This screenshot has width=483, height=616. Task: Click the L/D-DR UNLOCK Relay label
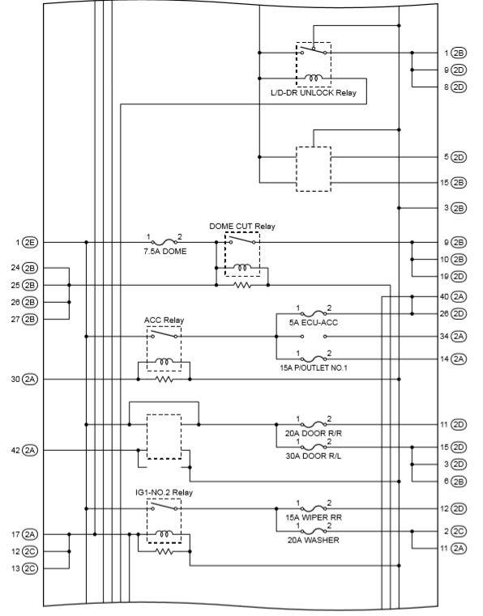pyautogui.click(x=314, y=93)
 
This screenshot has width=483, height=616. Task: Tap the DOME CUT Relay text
pyautogui.click(x=241, y=227)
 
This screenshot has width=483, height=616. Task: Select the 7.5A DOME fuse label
pyautogui.click(x=165, y=252)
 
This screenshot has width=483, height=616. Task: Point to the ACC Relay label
pyautogui.click(x=164, y=321)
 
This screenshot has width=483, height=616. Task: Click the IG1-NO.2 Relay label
pyautogui.click(x=164, y=492)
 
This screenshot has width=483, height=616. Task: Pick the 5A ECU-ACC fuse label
pyautogui.click(x=314, y=322)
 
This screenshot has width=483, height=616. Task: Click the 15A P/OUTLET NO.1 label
pyautogui.click(x=314, y=368)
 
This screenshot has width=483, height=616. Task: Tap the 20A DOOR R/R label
pyautogui.click(x=314, y=433)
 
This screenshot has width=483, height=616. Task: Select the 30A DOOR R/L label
pyautogui.click(x=314, y=456)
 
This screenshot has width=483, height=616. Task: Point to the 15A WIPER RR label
pyautogui.click(x=314, y=518)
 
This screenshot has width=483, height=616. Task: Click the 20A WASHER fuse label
pyautogui.click(x=314, y=540)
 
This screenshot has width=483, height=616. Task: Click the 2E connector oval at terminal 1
pyautogui.click(x=30, y=242)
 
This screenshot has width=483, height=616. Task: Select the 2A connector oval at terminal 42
pyautogui.click(x=30, y=450)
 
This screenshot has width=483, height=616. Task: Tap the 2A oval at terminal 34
pyautogui.click(x=458, y=336)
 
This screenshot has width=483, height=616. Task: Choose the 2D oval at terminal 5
pyautogui.click(x=458, y=157)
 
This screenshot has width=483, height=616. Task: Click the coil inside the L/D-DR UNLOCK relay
pyautogui.click(x=314, y=78)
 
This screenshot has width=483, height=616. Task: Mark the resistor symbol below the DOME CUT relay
pyautogui.click(x=242, y=285)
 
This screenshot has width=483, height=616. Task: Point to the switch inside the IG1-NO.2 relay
pyautogui.click(x=164, y=507)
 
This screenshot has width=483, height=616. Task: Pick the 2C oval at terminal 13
pyautogui.click(x=30, y=568)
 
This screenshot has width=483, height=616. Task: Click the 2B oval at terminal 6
pyautogui.click(x=458, y=482)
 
